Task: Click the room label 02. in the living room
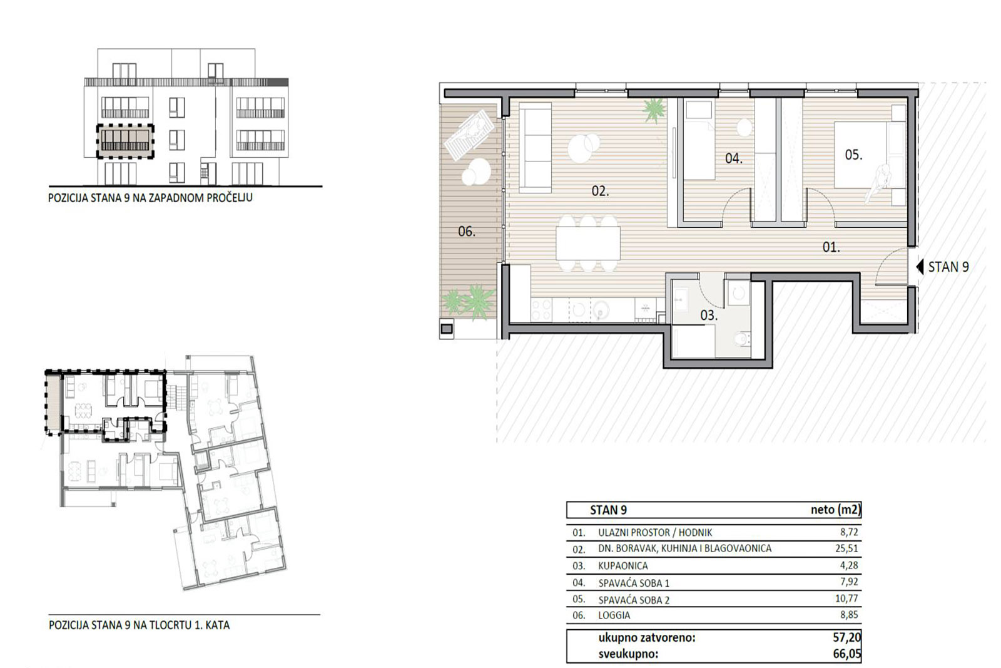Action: click(600, 192)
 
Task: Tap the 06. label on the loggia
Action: click(467, 232)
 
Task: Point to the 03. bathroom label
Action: click(709, 316)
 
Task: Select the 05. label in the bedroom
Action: click(853, 155)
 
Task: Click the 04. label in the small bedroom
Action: click(734, 158)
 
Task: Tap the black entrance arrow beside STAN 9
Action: click(920, 267)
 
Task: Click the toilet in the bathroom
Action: click(743, 339)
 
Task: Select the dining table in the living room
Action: click(588, 244)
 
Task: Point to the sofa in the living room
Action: click(536, 148)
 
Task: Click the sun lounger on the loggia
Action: click(470, 135)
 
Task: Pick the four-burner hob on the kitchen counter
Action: click(541, 309)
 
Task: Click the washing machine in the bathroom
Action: click(738, 294)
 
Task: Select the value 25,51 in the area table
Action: click(846, 548)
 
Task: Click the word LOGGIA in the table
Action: click(614, 615)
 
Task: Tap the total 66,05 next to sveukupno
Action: click(847, 654)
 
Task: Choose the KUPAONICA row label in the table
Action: click(623, 565)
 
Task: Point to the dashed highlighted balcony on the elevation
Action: click(126, 141)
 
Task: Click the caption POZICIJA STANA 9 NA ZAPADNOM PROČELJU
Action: click(150, 198)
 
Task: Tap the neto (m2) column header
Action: click(835, 510)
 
